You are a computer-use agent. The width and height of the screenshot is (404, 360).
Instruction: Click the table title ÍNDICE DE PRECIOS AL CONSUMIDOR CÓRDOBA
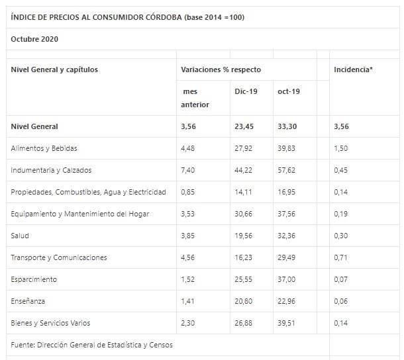127,17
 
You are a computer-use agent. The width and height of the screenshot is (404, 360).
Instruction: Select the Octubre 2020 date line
34,39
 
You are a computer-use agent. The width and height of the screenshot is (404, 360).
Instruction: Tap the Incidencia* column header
353,69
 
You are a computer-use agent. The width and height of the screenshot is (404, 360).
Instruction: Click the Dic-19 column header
246,91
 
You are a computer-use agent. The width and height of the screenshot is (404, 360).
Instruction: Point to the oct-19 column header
289,91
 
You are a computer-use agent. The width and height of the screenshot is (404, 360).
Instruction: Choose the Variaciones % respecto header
221,69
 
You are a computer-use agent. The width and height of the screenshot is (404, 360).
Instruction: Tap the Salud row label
20,236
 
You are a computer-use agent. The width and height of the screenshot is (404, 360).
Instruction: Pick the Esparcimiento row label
34,279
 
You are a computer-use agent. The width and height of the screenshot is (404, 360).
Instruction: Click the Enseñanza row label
28,301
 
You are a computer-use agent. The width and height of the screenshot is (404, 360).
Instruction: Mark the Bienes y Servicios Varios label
50,323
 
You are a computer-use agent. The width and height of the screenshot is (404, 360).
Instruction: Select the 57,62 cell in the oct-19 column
287,170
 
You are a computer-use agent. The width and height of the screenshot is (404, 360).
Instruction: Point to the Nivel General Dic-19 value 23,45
246,126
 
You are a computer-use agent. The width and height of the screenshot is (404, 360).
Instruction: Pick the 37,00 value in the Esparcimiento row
287,279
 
